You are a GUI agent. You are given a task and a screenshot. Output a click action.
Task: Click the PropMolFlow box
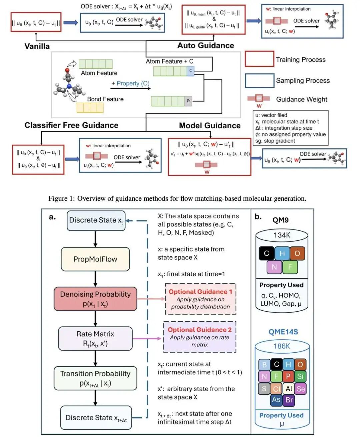point(95,259)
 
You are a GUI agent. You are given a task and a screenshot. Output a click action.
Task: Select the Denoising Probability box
point(95,299)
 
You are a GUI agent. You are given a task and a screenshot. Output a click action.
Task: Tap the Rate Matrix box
point(95,338)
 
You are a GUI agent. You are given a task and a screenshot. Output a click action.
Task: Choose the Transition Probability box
point(95,378)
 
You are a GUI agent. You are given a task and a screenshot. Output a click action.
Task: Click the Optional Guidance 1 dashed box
point(200,299)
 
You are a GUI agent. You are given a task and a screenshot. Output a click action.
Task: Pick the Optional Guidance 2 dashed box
point(200,337)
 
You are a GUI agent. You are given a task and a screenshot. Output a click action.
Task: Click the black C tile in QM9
point(266,253)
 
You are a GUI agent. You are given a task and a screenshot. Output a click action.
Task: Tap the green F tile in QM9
point(290,267)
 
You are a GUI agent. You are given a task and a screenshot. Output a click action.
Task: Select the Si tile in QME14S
point(300,376)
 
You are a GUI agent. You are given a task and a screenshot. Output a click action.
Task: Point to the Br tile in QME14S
point(289,400)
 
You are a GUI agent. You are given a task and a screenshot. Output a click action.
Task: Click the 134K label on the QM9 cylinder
point(282,235)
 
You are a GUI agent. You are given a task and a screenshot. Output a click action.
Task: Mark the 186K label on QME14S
point(282,346)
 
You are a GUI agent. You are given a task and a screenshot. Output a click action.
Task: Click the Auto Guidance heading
point(206,45)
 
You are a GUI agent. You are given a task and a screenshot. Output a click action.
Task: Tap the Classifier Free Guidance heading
point(71,125)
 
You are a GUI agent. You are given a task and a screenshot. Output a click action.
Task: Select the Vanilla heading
point(37,46)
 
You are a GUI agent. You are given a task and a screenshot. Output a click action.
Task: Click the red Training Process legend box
point(259,59)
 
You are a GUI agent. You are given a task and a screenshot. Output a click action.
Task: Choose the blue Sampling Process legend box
point(259,80)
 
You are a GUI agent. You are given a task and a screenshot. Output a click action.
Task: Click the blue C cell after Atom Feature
point(190,71)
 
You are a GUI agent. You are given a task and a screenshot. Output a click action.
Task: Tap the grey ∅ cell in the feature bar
point(188,101)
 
